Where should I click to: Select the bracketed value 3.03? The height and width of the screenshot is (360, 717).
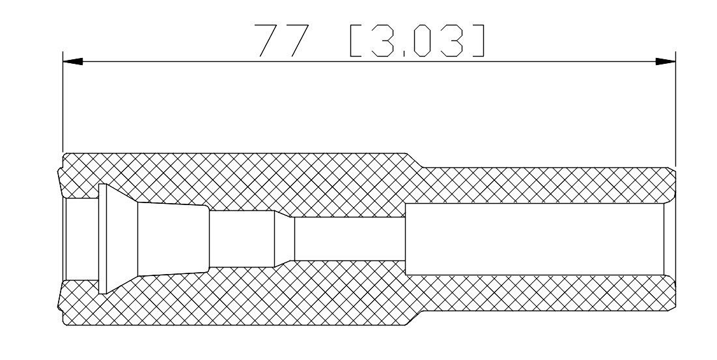[x=417, y=40]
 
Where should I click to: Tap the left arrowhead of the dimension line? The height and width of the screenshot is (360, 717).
[x=73, y=61]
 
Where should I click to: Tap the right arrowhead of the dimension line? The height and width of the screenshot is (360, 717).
[x=666, y=61]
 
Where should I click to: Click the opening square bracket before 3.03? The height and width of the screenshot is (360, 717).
[x=356, y=40]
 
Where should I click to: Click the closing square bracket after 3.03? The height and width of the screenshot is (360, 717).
[x=478, y=40]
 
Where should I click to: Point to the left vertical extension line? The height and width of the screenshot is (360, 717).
[x=63, y=101]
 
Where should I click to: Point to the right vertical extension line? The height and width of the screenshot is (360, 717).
[x=675, y=109]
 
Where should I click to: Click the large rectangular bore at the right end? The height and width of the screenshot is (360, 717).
[x=535, y=239]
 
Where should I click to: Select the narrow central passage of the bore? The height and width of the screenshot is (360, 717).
[x=350, y=238]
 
